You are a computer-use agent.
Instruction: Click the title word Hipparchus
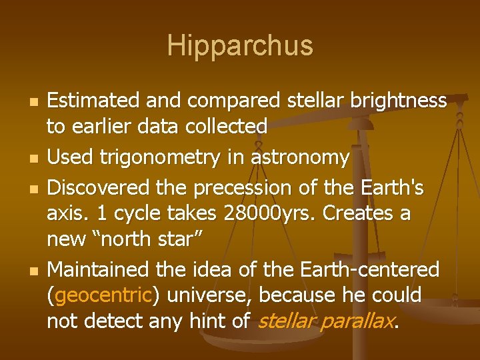240,46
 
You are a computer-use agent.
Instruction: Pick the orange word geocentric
105,295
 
